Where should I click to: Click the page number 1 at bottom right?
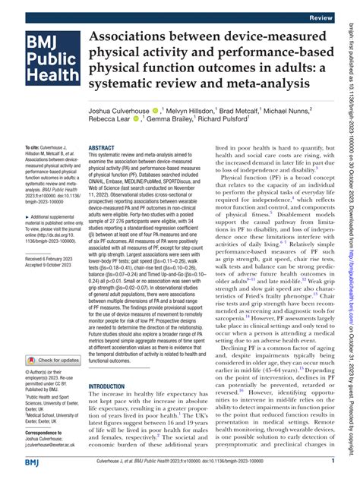[x=333, y=462]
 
